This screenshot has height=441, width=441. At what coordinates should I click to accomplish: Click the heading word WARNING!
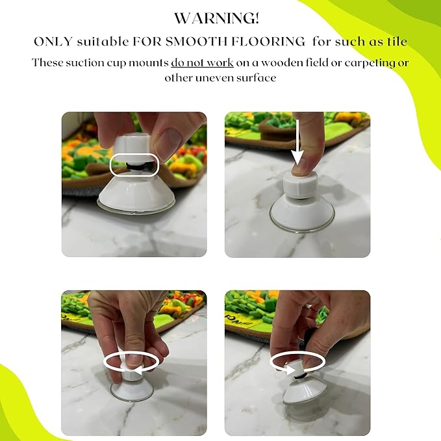[x=216, y=18]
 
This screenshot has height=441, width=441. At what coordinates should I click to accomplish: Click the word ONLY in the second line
[x=53, y=42]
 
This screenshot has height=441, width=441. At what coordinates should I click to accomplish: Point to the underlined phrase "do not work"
[x=202, y=62]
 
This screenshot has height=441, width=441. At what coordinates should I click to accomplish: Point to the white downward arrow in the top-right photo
[x=297, y=142]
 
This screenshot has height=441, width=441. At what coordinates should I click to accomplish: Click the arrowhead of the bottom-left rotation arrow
[x=138, y=371]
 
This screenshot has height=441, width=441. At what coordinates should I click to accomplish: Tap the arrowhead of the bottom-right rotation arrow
[x=290, y=368]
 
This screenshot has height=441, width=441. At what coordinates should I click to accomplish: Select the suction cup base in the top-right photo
[x=301, y=214]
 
